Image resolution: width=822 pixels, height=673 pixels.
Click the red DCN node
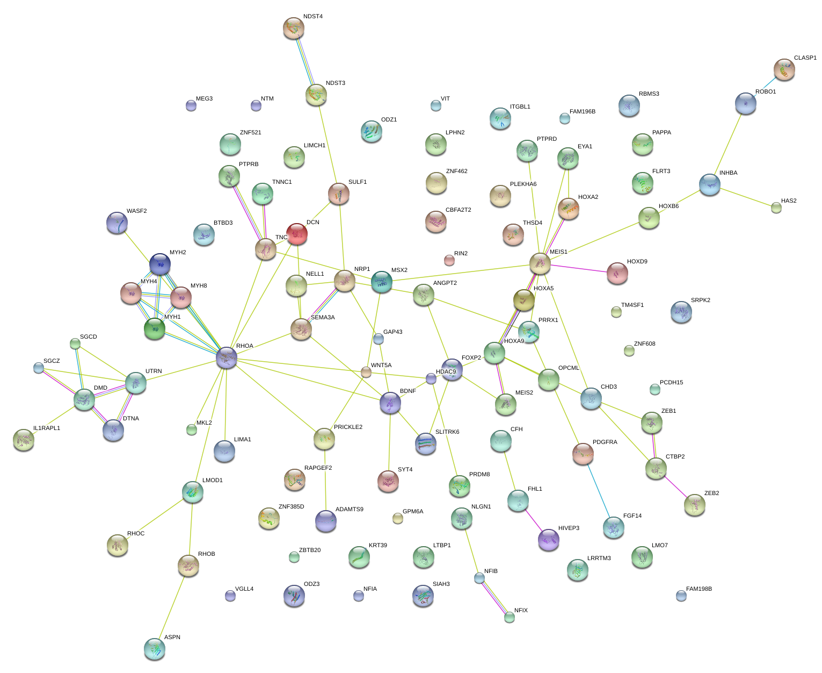[x=297, y=234]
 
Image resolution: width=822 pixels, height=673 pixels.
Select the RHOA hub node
[x=227, y=357]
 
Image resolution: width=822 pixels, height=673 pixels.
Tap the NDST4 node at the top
[x=293, y=28]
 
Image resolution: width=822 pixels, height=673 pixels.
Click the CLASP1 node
[x=784, y=70]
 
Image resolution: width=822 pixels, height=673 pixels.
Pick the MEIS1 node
[x=540, y=263]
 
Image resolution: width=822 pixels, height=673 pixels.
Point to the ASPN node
[x=155, y=649]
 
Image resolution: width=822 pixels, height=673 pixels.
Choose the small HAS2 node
[x=776, y=207]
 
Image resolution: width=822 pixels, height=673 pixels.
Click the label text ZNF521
[x=250, y=133]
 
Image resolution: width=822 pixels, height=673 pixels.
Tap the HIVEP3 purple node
[x=549, y=540]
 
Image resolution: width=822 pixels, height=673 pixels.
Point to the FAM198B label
[x=699, y=589]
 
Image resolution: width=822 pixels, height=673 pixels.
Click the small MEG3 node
[x=191, y=105]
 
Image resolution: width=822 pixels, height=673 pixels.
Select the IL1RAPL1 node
[x=23, y=440]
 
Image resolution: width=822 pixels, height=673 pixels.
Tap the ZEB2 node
[x=695, y=504]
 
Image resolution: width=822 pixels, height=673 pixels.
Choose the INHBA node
[x=709, y=184]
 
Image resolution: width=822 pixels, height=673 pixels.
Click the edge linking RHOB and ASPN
[x=172, y=607]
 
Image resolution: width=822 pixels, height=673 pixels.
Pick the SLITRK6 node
[x=426, y=443]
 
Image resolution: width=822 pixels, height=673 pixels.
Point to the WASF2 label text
[x=136, y=211]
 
